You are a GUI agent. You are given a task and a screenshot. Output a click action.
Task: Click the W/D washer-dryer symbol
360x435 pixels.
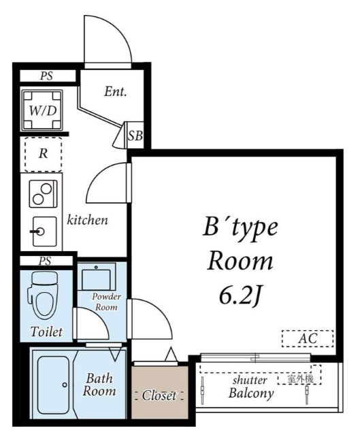pyautogui.click(x=42, y=110)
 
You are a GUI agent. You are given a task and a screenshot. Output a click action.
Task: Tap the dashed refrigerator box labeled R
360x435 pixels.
pyautogui.click(x=43, y=155)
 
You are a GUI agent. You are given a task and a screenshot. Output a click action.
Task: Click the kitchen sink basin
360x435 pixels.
pyautogui.click(x=44, y=231)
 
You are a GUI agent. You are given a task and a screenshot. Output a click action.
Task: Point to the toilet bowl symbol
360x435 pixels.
pyautogui.click(x=43, y=295)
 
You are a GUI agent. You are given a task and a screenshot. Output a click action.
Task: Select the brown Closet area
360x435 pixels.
pyautogui.click(x=159, y=392)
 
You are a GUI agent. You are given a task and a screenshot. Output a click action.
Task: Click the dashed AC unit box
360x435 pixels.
pyautogui.click(x=308, y=338)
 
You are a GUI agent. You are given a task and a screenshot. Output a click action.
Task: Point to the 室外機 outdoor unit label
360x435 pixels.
pyautogui.click(x=300, y=379)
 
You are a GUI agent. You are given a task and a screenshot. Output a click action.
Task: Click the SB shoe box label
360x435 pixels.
pyautogui.click(x=135, y=136)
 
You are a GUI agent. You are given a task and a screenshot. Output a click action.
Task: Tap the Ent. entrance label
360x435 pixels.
pyautogui.click(x=116, y=91)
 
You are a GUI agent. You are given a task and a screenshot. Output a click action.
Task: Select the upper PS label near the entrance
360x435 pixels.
pyautogui.click(x=46, y=76)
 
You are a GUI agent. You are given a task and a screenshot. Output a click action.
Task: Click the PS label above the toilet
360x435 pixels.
pyautogui.click(x=45, y=261)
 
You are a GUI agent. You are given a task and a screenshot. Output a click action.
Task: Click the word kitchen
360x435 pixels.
pyautogui.click(x=87, y=220)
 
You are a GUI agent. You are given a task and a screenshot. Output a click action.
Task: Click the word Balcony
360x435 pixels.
pyautogui.click(x=251, y=393)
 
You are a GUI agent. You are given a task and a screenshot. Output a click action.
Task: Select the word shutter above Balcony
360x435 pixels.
pyautogui.click(x=250, y=380)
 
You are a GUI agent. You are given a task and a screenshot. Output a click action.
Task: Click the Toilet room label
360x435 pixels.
pyautogui.click(x=46, y=332)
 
